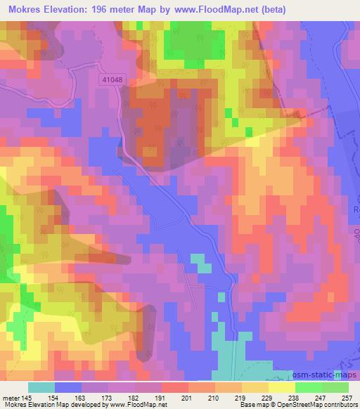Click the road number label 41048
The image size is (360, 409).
[111, 81]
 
